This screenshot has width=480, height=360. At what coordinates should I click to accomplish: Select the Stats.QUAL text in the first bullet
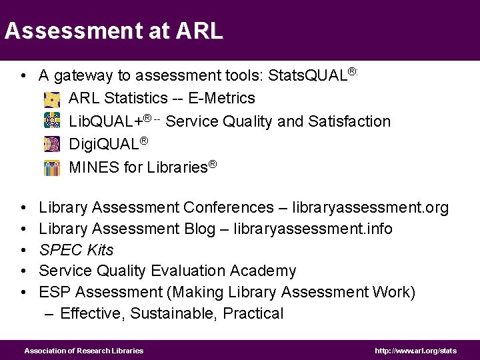(308, 76)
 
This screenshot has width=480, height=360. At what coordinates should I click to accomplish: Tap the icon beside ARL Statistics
(51, 99)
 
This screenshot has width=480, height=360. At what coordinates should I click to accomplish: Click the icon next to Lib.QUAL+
(51, 122)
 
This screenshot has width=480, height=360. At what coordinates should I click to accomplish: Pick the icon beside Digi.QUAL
(51, 144)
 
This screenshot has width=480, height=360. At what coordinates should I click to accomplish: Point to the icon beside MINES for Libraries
(51, 167)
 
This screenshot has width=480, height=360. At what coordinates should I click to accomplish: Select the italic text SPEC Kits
(76, 250)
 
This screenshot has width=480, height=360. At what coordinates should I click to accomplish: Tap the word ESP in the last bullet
(53, 292)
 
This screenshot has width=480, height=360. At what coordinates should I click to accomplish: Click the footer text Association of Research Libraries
(83, 351)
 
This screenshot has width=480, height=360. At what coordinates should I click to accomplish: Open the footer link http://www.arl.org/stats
(415, 351)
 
